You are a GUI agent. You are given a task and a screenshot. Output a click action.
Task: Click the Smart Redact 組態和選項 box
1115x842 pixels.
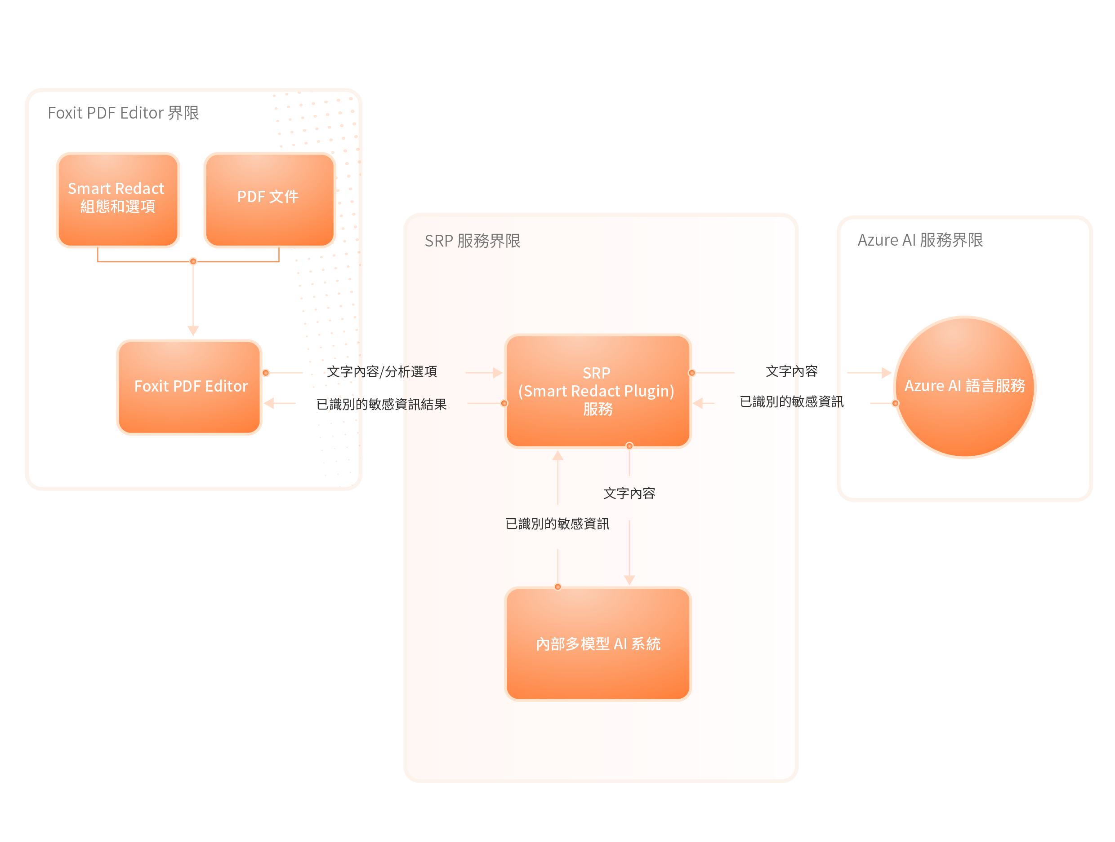(x=117, y=200)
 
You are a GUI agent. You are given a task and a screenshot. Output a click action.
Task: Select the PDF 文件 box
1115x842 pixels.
(x=269, y=200)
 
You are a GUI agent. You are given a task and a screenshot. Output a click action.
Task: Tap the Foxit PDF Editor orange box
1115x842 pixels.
(x=190, y=387)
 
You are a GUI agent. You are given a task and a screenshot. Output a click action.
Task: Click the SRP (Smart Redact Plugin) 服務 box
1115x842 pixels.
(x=598, y=391)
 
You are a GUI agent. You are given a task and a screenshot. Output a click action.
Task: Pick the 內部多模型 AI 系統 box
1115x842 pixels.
(x=598, y=644)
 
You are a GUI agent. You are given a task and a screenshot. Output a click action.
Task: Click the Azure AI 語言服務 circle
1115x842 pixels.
(x=964, y=387)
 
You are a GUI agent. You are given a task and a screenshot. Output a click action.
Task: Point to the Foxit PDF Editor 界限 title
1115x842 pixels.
(x=123, y=113)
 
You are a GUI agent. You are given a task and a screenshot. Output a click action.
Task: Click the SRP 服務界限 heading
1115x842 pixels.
(x=473, y=241)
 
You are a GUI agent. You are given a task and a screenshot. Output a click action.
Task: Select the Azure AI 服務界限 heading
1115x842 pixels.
(x=920, y=240)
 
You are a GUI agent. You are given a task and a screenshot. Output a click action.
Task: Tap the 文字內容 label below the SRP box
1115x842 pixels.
(x=629, y=493)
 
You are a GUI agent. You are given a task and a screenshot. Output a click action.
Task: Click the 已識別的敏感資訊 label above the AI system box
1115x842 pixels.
(x=557, y=524)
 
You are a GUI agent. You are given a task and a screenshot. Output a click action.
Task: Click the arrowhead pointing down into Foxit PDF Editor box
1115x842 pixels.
(x=193, y=331)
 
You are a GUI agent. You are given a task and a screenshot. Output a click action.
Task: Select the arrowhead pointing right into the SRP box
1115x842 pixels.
(x=498, y=373)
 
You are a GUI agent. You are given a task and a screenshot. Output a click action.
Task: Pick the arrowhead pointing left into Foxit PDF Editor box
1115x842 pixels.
(x=269, y=403)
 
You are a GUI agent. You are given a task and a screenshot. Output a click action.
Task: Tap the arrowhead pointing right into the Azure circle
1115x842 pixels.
(x=886, y=373)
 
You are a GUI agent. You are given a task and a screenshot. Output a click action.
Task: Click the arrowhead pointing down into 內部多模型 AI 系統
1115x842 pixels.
(x=629, y=580)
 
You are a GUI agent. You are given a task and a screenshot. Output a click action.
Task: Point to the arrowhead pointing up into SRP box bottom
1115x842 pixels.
(x=557, y=456)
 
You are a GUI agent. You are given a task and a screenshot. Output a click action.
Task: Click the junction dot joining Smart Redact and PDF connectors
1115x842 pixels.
(x=193, y=261)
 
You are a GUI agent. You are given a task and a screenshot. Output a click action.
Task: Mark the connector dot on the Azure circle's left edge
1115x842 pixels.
(x=895, y=403)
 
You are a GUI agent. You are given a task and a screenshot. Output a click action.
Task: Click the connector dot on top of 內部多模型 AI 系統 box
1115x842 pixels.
(x=557, y=586)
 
